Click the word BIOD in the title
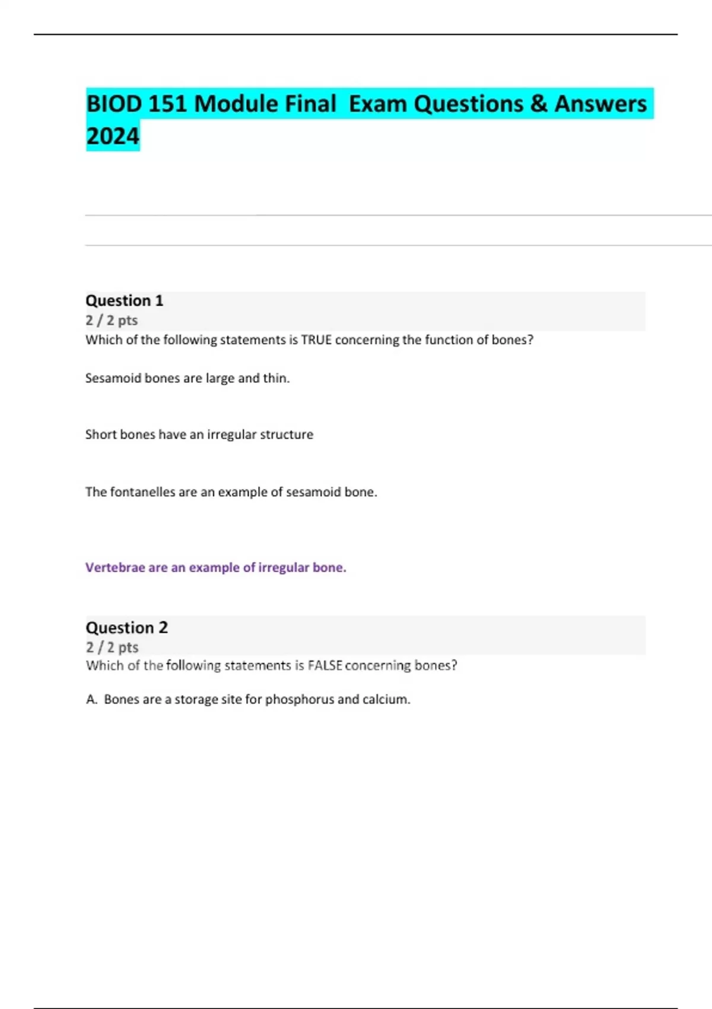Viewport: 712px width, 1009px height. (115, 104)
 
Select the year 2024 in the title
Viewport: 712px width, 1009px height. (113, 136)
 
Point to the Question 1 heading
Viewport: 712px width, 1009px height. (124, 300)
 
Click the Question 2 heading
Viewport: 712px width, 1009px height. (126, 627)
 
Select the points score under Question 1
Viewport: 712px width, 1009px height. (112, 320)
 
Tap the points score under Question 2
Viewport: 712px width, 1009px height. (112, 647)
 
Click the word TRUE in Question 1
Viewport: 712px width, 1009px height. (316, 340)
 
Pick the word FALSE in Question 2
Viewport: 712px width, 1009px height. (325, 665)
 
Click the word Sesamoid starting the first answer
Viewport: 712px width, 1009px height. (110, 378)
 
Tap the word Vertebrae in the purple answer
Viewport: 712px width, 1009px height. (115, 567)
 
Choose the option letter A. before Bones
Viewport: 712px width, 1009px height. (91, 699)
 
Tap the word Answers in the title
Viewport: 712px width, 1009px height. (600, 104)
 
